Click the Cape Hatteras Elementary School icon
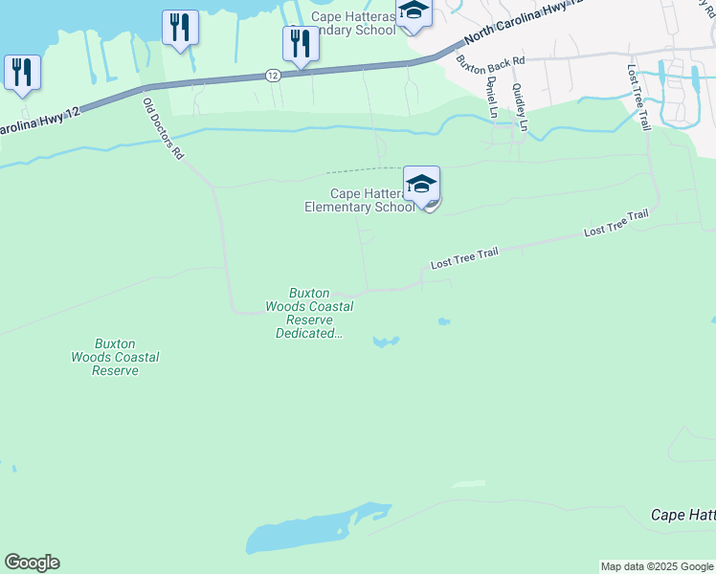coord(422,184)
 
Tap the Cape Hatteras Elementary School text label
coord(360,200)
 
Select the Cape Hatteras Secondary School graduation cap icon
coord(414,11)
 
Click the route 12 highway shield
coord(273,75)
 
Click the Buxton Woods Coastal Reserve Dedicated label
coord(309,314)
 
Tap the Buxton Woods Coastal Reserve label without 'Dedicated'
coord(115,357)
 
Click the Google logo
coord(32,563)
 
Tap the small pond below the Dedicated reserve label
coord(386,342)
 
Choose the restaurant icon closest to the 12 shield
coord(301,44)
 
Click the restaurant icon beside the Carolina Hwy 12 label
coord(21,73)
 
